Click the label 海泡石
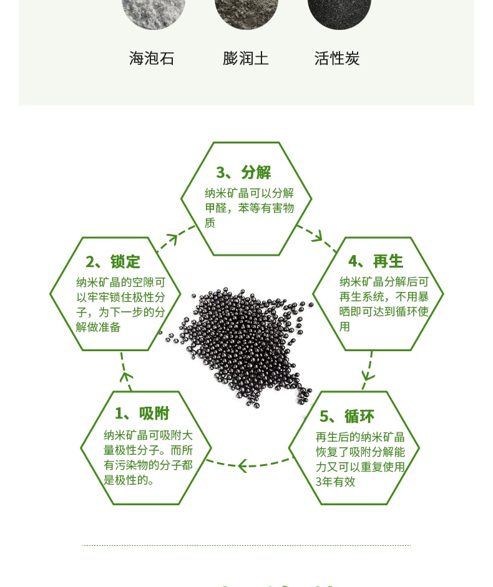pyautogui.click(x=152, y=59)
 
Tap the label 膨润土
pyautogui.click(x=246, y=59)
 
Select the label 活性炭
pyautogui.click(x=337, y=59)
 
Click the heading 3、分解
pyautogui.click(x=244, y=172)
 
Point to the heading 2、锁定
pyautogui.click(x=113, y=261)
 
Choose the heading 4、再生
pyautogui.click(x=376, y=261)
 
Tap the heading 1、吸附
pyautogui.click(x=142, y=413)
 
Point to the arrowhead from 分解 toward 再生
pyautogui.click(x=317, y=236)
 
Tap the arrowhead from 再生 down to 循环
pyautogui.click(x=368, y=376)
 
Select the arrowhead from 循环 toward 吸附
pyautogui.click(x=242, y=465)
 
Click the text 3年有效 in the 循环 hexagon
pyautogui.click(x=335, y=482)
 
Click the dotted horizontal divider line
pyautogui.click(x=246, y=545)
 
